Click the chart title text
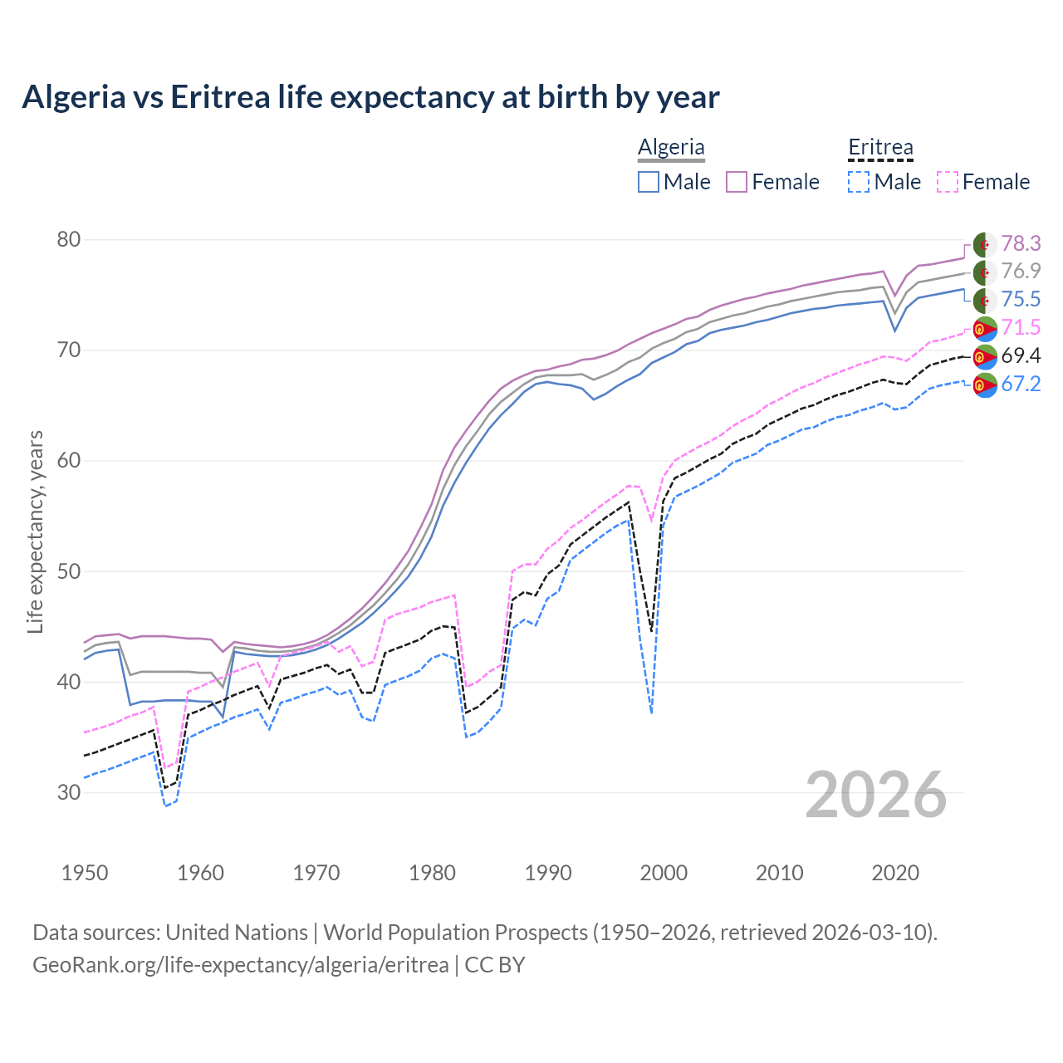370,97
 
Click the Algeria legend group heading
671,147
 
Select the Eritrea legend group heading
880,147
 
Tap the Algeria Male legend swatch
649,182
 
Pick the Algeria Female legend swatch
737,182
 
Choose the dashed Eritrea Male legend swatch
859,182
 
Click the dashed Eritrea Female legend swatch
948,182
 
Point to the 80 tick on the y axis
69,240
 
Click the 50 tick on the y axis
69,571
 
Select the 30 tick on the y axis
69,792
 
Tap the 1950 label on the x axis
85,873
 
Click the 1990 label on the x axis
548,873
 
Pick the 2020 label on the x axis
895,873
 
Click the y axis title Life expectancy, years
35,531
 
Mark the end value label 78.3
1021,243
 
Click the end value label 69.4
1021,356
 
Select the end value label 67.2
1021,384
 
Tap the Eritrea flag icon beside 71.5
985,329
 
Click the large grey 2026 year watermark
876,795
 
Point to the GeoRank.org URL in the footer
241,965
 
